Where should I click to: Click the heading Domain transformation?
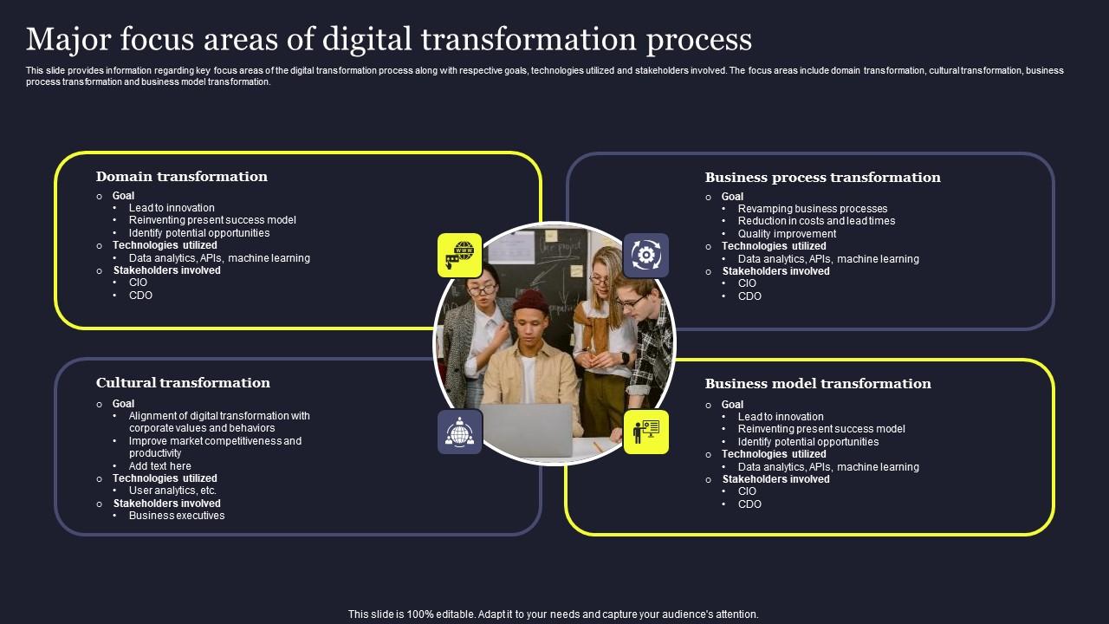click(x=181, y=177)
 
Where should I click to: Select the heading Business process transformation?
click(x=822, y=178)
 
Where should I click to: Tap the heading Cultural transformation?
click(x=183, y=383)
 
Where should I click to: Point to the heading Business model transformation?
click(x=818, y=384)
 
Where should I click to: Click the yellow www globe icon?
click(x=459, y=255)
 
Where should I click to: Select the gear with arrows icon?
click(x=645, y=255)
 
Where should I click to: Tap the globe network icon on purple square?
click(x=459, y=432)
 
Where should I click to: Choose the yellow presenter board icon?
click(x=645, y=432)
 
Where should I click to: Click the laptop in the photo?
click(x=527, y=430)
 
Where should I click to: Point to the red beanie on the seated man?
click(x=529, y=302)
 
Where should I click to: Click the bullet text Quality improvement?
click(x=787, y=234)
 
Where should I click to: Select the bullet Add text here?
click(x=160, y=466)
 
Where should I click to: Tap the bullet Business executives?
click(x=177, y=516)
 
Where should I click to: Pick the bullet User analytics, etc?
click(x=172, y=491)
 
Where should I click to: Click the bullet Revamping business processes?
click(x=813, y=209)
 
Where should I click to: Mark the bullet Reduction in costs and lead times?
click(x=816, y=221)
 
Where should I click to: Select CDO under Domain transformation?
click(x=140, y=296)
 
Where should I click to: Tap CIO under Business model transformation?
click(x=747, y=491)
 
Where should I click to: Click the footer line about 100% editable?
click(x=553, y=614)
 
